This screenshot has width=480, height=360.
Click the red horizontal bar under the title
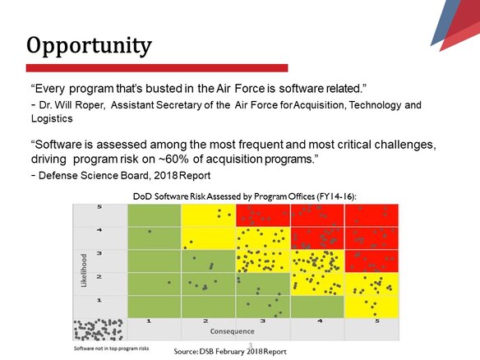coord(156,67)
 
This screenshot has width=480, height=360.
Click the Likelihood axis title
coord(83,270)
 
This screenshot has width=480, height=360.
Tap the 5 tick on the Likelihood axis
coord(99,207)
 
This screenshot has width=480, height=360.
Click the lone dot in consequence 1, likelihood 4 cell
coord(150,231)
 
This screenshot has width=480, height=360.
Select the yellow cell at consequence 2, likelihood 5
coord(208,215)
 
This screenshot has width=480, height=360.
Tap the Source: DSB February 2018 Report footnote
coord(230,352)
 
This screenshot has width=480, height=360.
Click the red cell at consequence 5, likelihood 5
coord(372,215)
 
